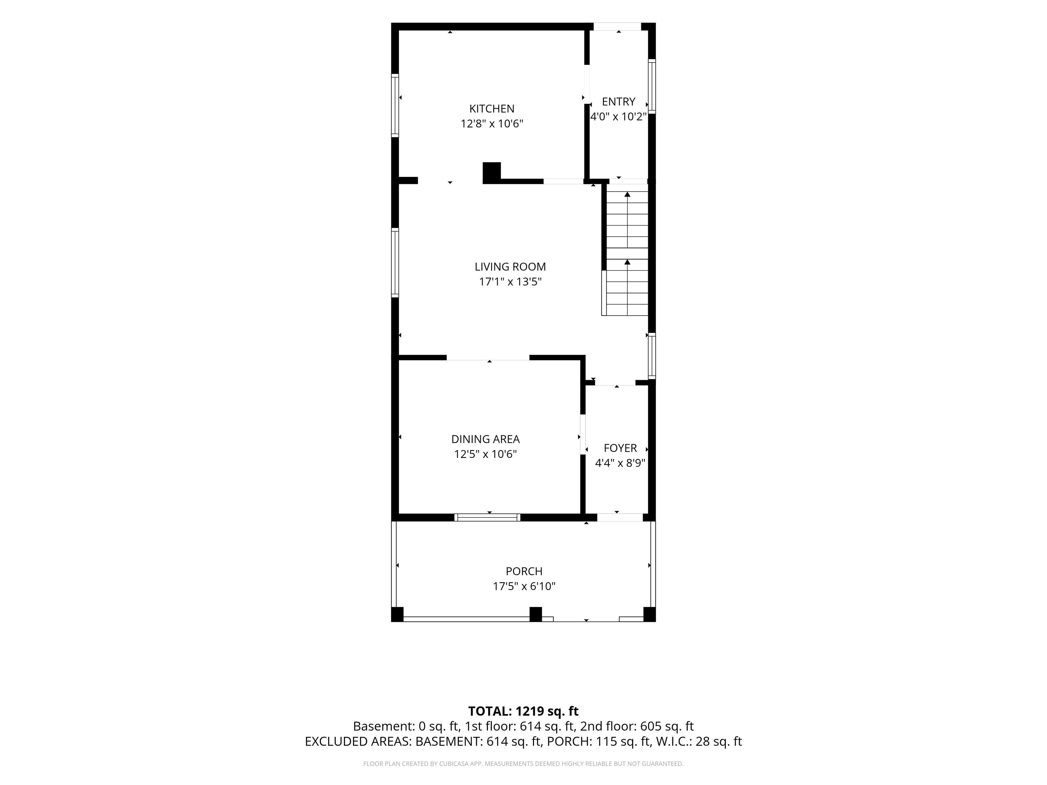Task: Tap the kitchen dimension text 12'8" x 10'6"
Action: pos(492,124)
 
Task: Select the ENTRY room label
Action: pos(618,102)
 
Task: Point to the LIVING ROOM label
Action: pos(510,267)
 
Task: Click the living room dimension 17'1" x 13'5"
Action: pos(510,282)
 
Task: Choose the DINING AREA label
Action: pos(485,439)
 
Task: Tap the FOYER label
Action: pos(620,448)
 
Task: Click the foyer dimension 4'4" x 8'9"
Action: pos(620,463)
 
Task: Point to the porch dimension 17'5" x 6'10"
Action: pos(524,586)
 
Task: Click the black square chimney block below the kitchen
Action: pos(492,173)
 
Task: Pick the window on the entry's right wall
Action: pos(652,86)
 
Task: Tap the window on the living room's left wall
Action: pos(395,263)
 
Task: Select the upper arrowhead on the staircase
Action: pos(627,194)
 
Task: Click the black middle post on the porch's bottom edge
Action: pos(535,614)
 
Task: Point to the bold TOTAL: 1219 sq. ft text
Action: pos(523,711)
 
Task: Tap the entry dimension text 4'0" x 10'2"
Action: pos(618,117)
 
